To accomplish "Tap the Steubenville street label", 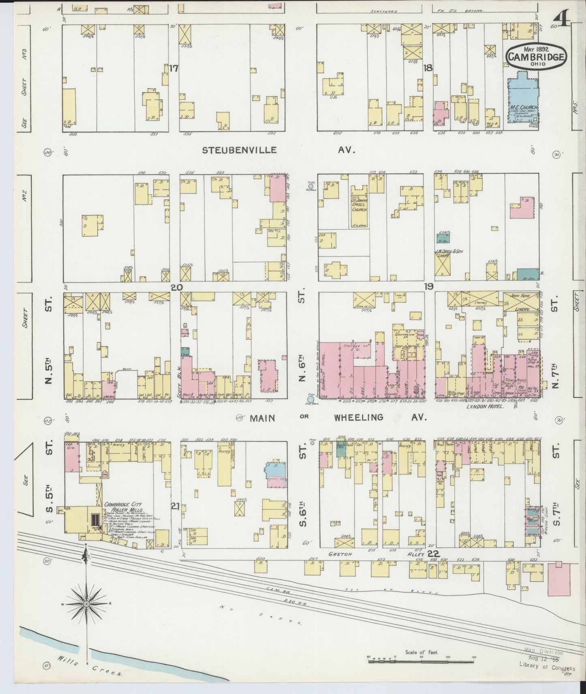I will pyautogui.click(x=240, y=150).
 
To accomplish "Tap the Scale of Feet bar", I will pyautogui.click(x=422, y=662).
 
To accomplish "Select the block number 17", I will pyautogui.click(x=174, y=68).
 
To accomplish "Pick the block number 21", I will pyautogui.click(x=175, y=506).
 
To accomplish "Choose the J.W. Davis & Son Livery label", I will pyautogui.click(x=449, y=254).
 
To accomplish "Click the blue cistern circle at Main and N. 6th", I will pyautogui.click(x=311, y=400).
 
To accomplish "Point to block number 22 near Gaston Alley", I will pyautogui.click(x=434, y=554).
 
